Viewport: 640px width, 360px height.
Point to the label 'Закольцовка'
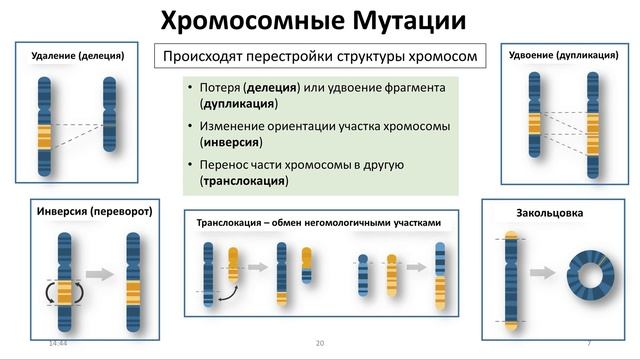pyautogui.click(x=549, y=213)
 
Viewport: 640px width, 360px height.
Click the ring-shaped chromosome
pyautogui.click(x=589, y=274)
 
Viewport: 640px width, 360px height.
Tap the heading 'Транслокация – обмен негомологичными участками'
pyautogui.click(x=318, y=223)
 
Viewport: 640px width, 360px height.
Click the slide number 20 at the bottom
pyautogui.click(x=320, y=343)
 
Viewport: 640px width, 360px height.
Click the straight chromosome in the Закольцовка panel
pyautogui.click(x=511, y=280)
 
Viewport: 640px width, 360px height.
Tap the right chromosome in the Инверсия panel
pyautogui.click(x=133, y=282)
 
